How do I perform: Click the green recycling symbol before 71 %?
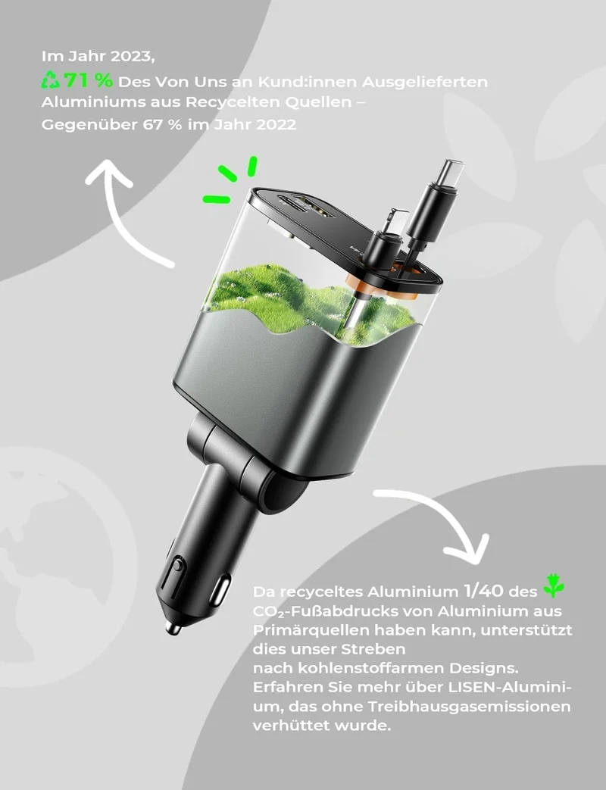coord(51,80)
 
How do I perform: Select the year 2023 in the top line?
coord(132,55)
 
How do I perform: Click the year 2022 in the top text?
coord(276,124)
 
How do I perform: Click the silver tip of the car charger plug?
coord(173,628)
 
